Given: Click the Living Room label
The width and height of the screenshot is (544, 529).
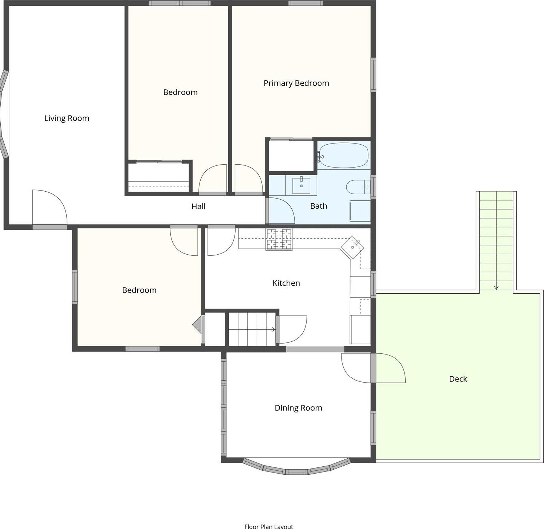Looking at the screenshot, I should (67, 118).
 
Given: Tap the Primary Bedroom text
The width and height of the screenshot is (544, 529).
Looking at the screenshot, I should (296, 83).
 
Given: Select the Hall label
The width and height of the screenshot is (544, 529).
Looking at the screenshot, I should (198, 206).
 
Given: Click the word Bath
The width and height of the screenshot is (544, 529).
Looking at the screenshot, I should (319, 206).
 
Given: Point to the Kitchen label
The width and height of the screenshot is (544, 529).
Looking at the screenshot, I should (286, 283).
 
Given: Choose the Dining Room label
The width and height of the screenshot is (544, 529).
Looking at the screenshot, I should (298, 408).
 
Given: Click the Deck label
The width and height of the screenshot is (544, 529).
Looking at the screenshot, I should (458, 379).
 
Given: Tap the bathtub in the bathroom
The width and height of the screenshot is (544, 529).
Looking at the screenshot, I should (343, 155).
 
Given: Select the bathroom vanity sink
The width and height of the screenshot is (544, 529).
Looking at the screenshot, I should (301, 186).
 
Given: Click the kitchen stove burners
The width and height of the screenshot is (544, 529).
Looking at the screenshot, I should (279, 239).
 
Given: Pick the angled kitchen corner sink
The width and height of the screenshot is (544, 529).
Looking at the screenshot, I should (352, 247).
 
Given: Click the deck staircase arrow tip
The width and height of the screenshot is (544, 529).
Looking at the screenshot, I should (496, 288).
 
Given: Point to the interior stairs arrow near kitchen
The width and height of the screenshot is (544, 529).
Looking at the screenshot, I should (273, 329).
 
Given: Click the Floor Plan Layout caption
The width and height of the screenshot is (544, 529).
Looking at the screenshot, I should (269, 526).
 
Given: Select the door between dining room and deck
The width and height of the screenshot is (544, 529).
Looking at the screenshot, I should (390, 368).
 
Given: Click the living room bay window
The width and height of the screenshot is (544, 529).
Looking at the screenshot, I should (4, 114).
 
